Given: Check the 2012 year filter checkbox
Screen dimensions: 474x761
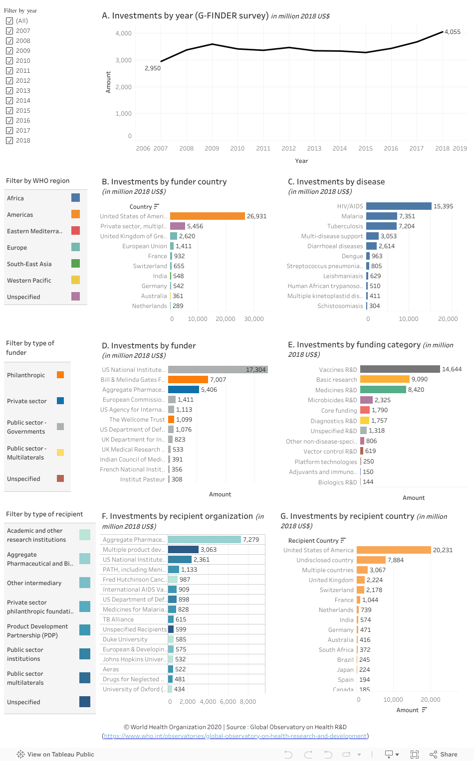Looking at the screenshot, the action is [9, 81].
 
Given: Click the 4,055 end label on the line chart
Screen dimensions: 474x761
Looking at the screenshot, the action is [452, 32].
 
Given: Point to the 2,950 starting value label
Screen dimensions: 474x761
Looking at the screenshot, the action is [153, 68].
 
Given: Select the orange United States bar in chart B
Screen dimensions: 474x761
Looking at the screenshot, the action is [208, 216].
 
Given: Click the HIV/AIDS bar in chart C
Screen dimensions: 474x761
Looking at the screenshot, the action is [399, 206].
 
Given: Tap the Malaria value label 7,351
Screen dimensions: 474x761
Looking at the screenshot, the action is [407, 216].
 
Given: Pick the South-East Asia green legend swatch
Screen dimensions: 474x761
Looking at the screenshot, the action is [75, 264].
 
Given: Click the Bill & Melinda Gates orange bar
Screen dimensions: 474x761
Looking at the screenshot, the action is [188, 379].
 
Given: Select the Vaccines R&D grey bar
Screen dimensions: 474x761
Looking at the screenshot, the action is [400, 369].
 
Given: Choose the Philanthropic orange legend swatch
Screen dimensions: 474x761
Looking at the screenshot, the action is [60, 375].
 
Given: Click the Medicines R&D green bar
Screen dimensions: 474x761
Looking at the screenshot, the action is [383, 389].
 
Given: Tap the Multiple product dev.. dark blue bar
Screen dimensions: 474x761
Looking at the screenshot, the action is [183, 549].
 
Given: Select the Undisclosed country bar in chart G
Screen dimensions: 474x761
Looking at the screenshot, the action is [371, 560].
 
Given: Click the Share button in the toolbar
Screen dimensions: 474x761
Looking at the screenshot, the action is [444, 754].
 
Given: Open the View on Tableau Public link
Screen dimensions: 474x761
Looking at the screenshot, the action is [55, 754].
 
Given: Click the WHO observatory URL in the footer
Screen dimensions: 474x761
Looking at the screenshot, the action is [236, 736].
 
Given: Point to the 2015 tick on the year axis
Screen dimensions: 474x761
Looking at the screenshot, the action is [366, 149].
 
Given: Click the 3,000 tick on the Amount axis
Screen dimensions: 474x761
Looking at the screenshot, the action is [123, 60].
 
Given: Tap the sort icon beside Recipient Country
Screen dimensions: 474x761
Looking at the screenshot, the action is [343, 540].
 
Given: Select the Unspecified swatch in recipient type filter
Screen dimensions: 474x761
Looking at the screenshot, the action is [85, 702].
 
